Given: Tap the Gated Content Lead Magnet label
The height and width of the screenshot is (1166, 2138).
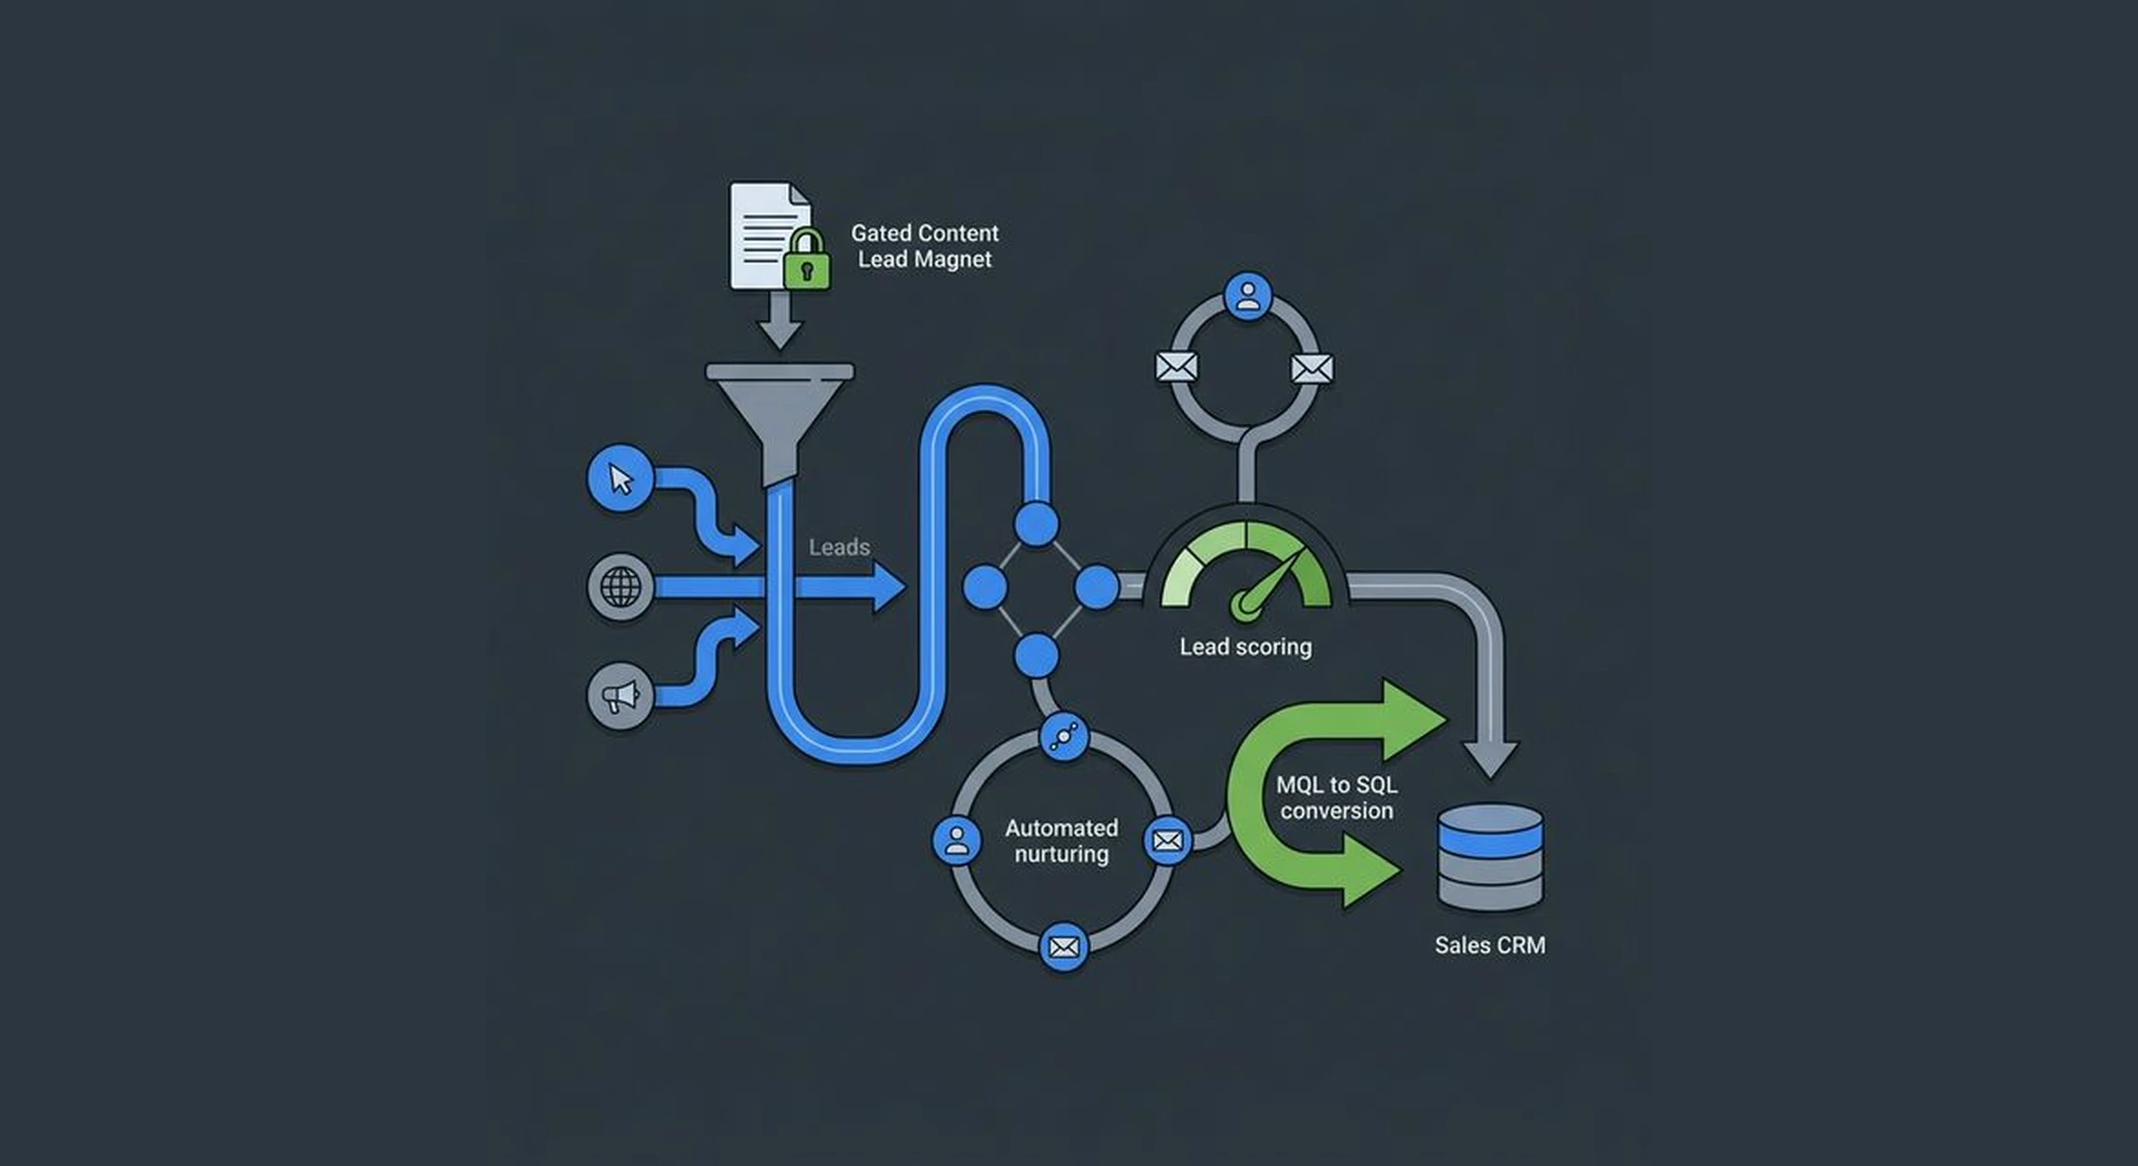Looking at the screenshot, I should tap(925, 246).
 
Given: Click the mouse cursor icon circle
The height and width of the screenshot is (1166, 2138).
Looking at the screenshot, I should tap(620, 478).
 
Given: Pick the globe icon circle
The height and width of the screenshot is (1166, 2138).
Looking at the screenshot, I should tap(620, 587).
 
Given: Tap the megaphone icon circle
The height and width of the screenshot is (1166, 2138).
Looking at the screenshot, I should tap(620, 695).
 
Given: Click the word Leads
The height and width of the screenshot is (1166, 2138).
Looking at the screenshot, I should tap(839, 547).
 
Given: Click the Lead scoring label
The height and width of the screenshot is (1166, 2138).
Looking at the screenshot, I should tap(1246, 647).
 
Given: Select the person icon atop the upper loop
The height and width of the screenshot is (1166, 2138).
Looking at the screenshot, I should tap(1247, 295).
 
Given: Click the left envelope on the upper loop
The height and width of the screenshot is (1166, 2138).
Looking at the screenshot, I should tap(1176, 366).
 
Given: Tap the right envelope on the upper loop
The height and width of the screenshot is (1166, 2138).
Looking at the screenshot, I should tap(1312, 367).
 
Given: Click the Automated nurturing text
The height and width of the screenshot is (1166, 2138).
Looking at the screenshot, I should tap(1061, 840).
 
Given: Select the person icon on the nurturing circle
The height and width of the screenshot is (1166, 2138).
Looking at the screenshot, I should tap(956, 840).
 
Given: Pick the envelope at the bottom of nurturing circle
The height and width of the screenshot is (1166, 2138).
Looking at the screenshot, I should tap(1063, 946).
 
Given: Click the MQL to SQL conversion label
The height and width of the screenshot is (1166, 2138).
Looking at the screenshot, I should tap(1336, 798).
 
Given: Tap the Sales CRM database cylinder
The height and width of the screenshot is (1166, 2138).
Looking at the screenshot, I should tap(1490, 856).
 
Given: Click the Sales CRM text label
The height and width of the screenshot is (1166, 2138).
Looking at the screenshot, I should tap(1490, 945).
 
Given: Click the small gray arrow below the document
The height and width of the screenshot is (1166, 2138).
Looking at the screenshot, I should tap(779, 324).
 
